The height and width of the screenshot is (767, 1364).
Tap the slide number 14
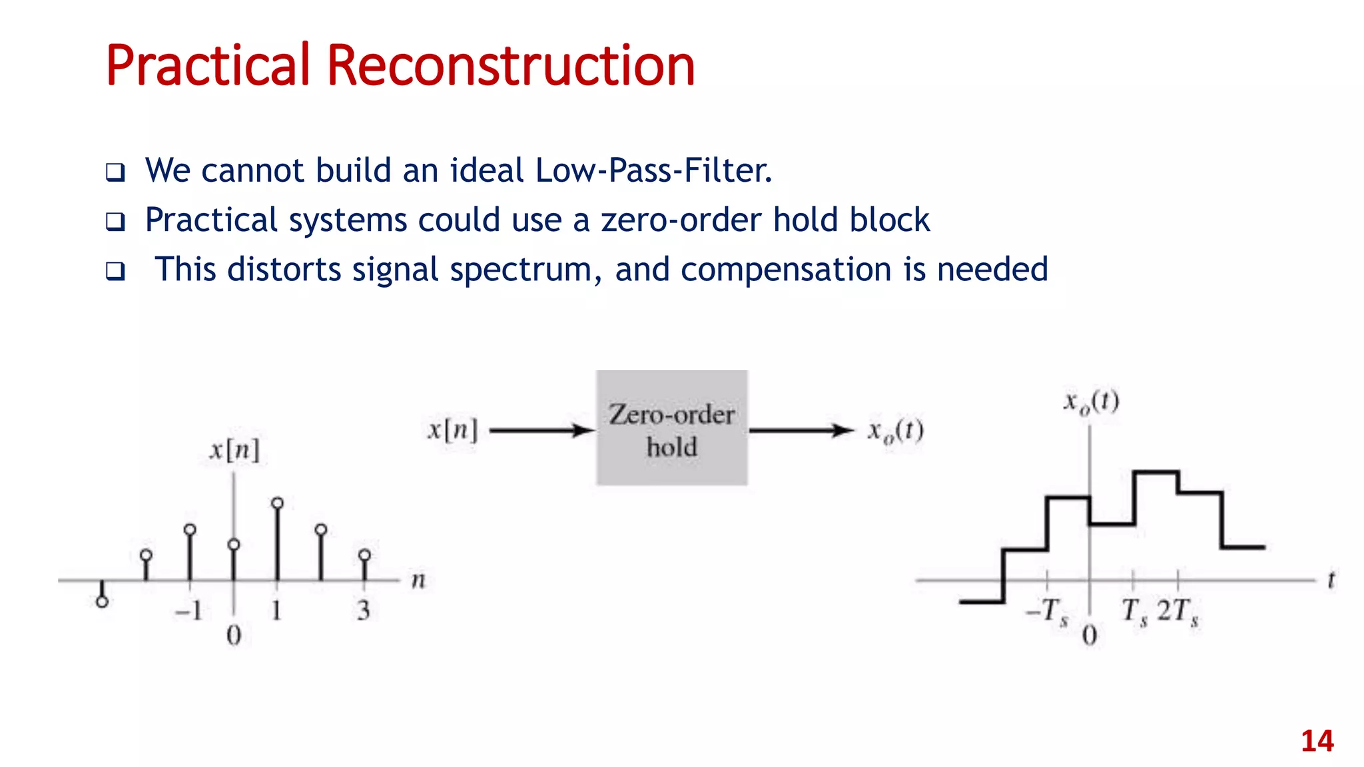click(x=1317, y=741)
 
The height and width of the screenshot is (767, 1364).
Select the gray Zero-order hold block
click(x=671, y=427)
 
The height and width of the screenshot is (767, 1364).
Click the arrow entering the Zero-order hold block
click(x=541, y=431)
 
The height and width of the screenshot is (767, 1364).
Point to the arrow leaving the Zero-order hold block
click(x=801, y=431)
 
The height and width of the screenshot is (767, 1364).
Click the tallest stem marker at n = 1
click(x=278, y=503)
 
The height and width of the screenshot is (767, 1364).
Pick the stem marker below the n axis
click(x=102, y=601)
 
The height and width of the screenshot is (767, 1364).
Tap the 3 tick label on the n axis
click(x=363, y=611)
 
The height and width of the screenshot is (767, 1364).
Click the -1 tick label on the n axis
click(x=189, y=611)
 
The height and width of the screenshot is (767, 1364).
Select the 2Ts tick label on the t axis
click(x=1178, y=611)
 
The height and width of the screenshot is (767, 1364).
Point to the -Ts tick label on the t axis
click(x=1048, y=611)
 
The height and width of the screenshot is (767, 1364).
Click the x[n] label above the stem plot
click(x=234, y=451)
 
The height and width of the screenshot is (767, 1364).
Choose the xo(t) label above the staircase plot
click(x=1091, y=402)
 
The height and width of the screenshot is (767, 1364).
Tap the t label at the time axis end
click(x=1331, y=580)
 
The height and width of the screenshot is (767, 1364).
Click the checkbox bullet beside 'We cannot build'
click(x=115, y=172)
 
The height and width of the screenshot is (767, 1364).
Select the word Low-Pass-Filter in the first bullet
click(x=653, y=170)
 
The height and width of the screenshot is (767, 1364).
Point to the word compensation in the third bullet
click(x=786, y=270)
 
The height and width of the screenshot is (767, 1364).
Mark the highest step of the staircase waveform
click(x=1156, y=472)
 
